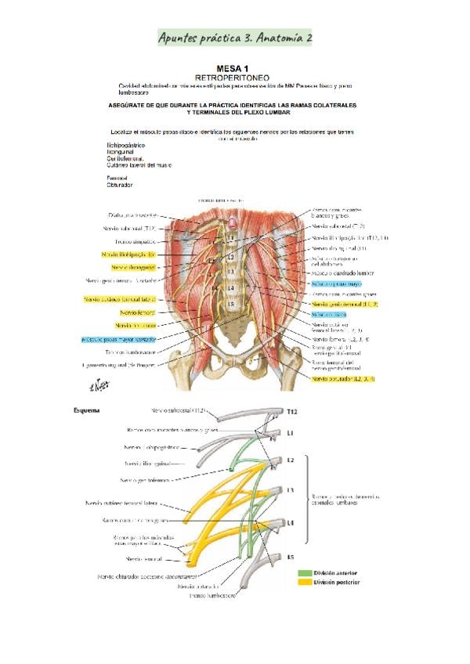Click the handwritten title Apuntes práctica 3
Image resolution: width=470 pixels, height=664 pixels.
tap(234, 38)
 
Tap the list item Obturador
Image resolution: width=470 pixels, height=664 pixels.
tap(120, 186)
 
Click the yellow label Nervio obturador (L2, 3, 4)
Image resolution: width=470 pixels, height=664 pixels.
tap(343, 379)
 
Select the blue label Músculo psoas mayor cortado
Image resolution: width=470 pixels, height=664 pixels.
tap(117, 339)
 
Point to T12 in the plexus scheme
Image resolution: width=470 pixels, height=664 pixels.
tap(291, 411)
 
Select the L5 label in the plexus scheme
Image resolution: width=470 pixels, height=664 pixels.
tap(291, 558)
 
